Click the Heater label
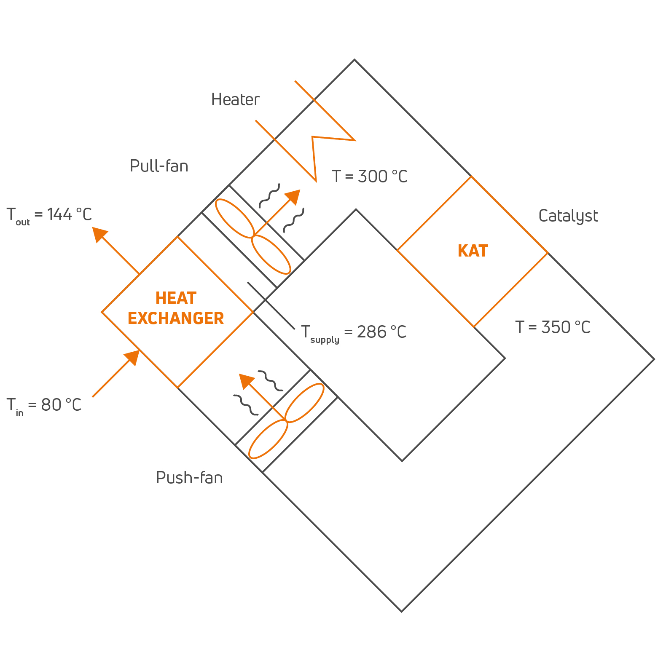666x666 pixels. [235, 100]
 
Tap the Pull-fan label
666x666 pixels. [159, 166]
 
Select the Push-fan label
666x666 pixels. [189, 478]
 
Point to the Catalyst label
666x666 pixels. [568, 216]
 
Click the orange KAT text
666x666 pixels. [473, 251]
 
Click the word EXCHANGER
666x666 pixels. [176, 318]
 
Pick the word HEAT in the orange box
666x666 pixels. [176, 298]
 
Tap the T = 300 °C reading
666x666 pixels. [370, 177]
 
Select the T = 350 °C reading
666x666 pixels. [553, 327]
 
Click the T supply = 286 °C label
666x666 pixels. [354, 333]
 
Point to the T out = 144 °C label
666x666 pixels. [49, 215]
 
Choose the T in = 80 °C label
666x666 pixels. [44, 406]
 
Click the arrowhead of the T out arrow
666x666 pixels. [99, 234]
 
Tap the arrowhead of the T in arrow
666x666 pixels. [132, 357]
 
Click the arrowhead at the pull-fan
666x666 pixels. [293, 196]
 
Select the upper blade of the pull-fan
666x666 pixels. [234, 217]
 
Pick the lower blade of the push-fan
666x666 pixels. [268, 439]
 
